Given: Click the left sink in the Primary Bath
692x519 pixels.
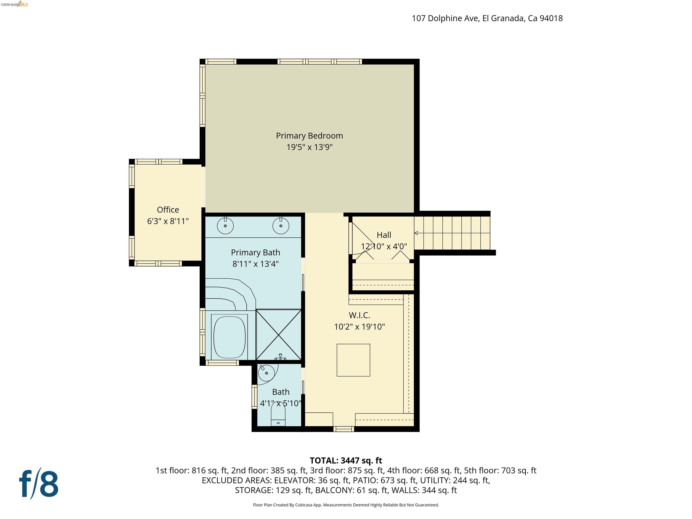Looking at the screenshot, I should pos(225,225).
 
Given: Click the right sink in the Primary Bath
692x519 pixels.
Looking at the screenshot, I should pos(281,225).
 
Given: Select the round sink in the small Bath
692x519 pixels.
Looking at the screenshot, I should pos(266,373).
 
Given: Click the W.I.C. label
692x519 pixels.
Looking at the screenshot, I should pos(359,315).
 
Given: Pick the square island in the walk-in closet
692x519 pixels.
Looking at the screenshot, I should pos(353,360).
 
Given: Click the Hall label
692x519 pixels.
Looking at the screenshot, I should pos(384,235).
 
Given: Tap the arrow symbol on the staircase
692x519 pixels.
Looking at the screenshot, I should pos(416,233).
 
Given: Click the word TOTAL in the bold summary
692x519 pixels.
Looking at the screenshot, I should pos(323,460).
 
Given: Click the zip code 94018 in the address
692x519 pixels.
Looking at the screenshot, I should pos(551,18).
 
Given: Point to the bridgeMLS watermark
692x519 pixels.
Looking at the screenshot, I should pos(14,4).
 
